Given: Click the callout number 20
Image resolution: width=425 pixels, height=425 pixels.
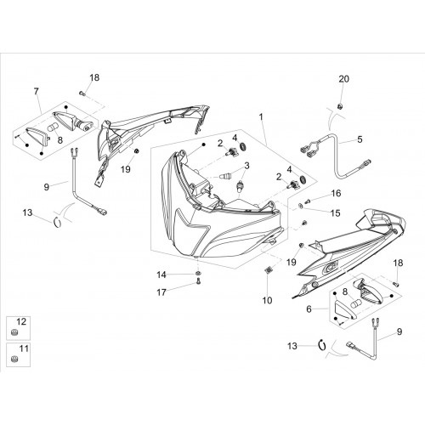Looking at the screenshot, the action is tap(344, 79).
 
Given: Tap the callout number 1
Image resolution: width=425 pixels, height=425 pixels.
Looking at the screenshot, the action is tap(261, 116).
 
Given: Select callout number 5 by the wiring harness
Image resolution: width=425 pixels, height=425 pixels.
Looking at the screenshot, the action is tap(360, 139).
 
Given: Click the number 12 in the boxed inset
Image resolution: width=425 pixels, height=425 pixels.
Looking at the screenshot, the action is tap(21, 321).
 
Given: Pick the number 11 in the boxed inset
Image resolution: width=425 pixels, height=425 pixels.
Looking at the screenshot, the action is tap(24, 348).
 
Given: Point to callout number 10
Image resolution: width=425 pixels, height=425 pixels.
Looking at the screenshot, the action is tap(267, 300).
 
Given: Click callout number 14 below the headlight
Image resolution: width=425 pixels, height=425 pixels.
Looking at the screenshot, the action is tap(161, 275).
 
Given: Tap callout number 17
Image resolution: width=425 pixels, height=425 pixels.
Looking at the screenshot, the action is tap(161, 292).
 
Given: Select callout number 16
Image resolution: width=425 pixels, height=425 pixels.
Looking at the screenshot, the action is tap(336, 194).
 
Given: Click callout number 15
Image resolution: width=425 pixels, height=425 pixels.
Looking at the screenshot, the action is tap(335, 213).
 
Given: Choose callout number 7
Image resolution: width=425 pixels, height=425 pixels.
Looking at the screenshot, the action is tap(36, 92).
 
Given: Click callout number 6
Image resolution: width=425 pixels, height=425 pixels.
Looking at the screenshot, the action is tap(309, 309).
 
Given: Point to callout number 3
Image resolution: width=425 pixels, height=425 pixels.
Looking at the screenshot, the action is tap(246, 166).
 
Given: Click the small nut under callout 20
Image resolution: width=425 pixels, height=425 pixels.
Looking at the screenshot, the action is tap(339, 106).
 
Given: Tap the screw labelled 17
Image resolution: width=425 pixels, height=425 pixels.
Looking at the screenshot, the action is tap(198, 281).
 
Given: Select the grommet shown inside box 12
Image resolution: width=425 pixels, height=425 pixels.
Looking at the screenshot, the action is tap(13, 332).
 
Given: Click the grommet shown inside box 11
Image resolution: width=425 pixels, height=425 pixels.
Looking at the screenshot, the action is tap(13, 359).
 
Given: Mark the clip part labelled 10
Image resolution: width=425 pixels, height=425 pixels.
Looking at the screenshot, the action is tap(268, 270).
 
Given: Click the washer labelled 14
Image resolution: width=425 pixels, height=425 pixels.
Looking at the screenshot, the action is tap(198, 273).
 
